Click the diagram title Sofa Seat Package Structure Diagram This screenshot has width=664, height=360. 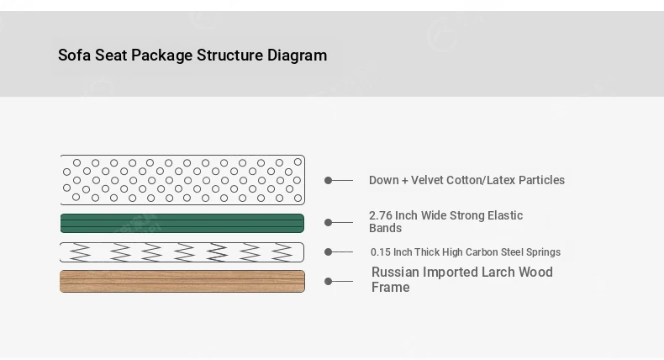(192, 56)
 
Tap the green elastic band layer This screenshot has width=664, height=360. (182, 224)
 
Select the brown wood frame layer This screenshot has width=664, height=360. (182, 281)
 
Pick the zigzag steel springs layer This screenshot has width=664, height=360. (182, 252)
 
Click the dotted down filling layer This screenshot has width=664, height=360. (182, 180)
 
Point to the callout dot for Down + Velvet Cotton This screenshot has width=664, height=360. (328, 180)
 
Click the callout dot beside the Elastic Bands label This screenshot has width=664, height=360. (328, 222)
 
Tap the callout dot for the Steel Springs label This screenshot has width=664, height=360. (328, 251)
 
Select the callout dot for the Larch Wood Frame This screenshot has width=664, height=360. (328, 281)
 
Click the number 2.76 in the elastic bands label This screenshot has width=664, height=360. (381, 215)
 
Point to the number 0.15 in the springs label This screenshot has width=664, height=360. (380, 251)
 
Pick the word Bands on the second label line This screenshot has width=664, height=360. (385, 228)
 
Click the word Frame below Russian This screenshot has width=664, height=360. (391, 287)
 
